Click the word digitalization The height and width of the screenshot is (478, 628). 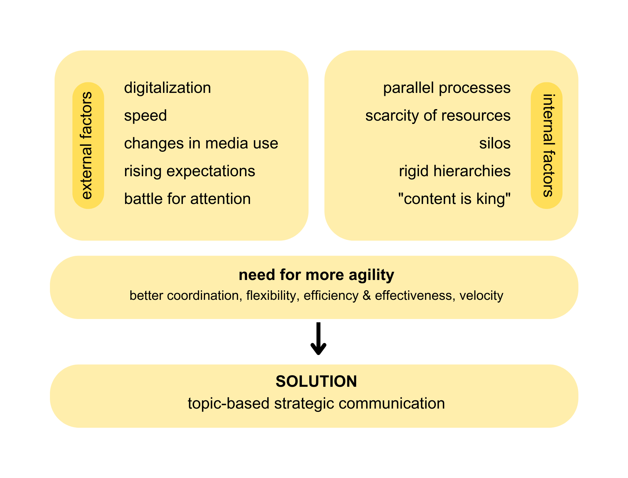(x=167, y=88)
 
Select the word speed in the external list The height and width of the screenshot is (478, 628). (x=146, y=116)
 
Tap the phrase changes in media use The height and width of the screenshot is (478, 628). (x=201, y=143)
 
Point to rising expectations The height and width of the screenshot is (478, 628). (x=189, y=171)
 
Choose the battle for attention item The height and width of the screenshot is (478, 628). (x=187, y=199)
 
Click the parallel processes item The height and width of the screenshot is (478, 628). (x=447, y=88)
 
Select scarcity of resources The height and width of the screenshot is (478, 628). (x=438, y=116)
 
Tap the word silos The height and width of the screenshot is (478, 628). (x=495, y=143)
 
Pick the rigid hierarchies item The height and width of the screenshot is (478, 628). (x=455, y=171)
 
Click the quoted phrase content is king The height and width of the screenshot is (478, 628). (x=454, y=199)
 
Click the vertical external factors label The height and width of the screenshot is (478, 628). (x=87, y=145)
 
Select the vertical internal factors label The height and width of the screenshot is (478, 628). (x=547, y=145)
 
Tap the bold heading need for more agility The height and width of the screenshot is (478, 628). (x=316, y=275)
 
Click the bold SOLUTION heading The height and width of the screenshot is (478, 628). (x=316, y=381)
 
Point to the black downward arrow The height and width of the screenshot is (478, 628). (x=318, y=339)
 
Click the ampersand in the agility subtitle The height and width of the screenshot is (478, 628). (x=367, y=296)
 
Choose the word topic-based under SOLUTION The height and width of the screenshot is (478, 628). (x=229, y=404)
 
